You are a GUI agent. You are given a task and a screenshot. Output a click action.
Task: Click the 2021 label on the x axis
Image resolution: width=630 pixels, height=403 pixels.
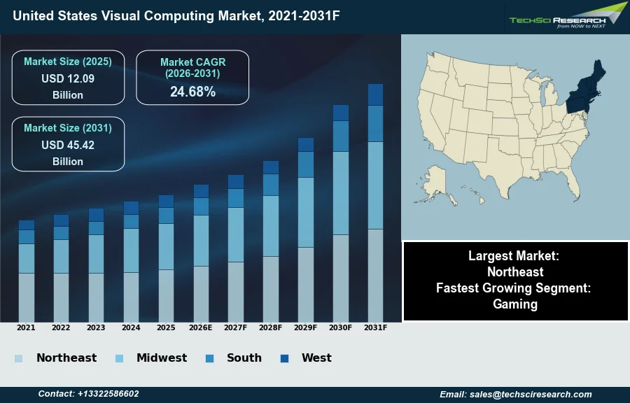[26, 327]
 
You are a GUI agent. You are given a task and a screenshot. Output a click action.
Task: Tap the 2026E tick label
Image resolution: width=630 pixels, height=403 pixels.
[201, 327]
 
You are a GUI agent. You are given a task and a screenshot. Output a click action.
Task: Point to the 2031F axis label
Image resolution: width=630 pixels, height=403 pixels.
[376, 327]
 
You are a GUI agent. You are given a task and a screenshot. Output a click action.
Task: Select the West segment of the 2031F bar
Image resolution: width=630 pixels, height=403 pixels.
[376, 94]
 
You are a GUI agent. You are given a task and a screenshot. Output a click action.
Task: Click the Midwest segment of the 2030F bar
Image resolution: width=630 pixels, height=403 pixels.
[341, 192]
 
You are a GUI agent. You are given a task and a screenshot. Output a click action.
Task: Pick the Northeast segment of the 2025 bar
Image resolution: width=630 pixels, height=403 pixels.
[166, 295]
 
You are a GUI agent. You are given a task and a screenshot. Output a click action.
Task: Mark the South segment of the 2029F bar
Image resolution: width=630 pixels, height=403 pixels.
[306, 164]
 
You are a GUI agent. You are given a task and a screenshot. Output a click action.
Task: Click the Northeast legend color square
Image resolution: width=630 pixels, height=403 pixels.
[18, 358]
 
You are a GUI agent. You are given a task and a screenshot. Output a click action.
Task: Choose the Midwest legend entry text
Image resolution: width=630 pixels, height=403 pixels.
[162, 358]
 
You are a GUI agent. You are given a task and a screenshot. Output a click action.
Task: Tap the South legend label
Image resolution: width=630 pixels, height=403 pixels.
[244, 358]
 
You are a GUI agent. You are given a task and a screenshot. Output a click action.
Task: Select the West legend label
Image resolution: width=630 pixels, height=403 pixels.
[316, 358]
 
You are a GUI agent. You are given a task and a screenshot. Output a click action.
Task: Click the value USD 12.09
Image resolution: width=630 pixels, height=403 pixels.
[68, 78]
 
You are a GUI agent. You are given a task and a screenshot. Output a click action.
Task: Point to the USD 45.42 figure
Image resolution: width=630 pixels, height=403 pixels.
[68, 145]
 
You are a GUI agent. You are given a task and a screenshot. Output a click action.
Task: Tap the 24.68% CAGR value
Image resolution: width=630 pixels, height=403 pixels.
[192, 92]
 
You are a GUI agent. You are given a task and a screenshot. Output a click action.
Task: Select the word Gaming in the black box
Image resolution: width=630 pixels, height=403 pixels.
[515, 304]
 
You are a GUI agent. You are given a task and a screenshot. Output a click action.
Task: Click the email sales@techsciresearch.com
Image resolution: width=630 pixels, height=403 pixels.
[516, 394]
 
